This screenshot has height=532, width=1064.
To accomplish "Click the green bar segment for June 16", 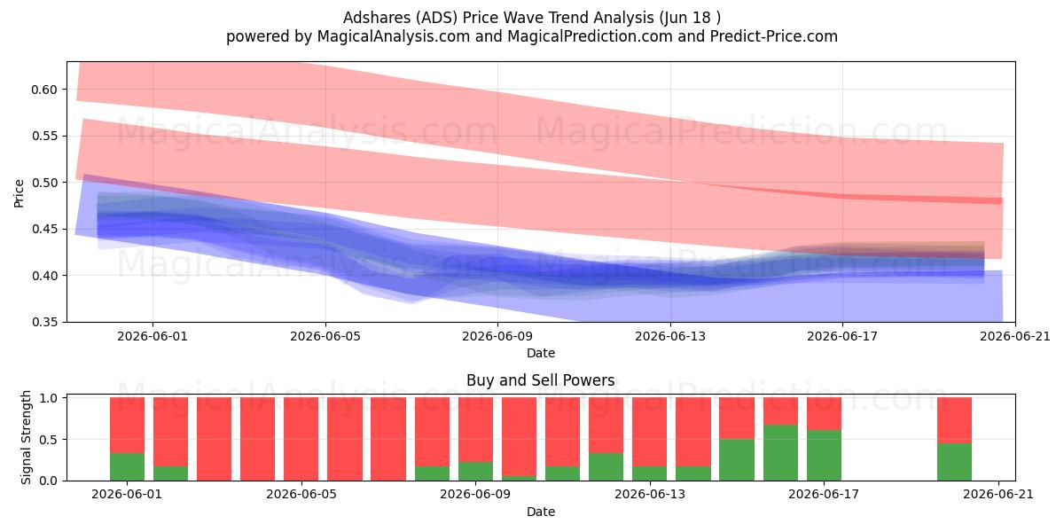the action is [781, 453].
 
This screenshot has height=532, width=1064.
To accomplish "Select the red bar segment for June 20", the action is [954, 420].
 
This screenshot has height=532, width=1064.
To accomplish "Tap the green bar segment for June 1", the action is [128, 467].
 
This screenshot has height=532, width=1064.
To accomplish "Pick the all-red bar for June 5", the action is [301, 439].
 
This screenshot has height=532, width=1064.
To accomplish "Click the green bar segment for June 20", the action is [954, 462].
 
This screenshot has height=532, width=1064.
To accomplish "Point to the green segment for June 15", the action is [737, 460].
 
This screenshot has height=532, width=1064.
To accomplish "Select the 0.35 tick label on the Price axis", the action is [44, 323].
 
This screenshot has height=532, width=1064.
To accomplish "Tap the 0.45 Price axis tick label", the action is [44, 230].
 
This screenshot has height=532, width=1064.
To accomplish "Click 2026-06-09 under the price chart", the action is [497, 336].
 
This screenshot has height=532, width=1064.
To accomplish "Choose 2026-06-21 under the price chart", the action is [1015, 336].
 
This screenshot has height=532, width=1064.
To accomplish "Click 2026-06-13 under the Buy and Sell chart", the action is [649, 495].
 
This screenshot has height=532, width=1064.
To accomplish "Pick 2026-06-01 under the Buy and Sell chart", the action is [127, 495].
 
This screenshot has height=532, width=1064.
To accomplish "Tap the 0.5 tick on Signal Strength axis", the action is [49, 440].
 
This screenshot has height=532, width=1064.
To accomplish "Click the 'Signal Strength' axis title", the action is [26, 437].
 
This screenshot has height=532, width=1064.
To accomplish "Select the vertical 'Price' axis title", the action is [19, 193].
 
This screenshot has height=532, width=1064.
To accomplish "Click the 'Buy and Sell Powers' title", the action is [541, 380].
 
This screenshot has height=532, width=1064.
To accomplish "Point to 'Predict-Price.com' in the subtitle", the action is [774, 36].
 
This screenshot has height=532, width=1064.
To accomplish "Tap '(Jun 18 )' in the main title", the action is [690, 18].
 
